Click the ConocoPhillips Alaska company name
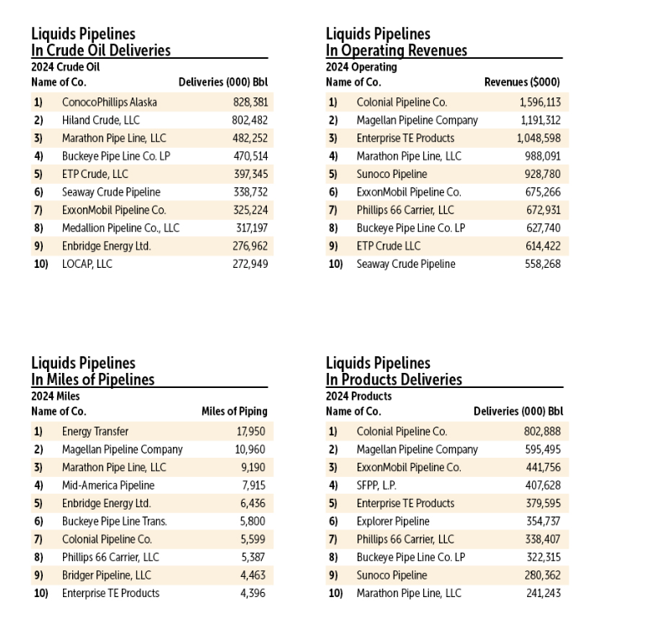(109, 102)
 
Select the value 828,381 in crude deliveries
(250, 102)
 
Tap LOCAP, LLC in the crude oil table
(87, 264)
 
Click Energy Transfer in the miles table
(95, 432)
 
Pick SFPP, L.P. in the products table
(376, 485)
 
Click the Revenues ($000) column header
(522, 82)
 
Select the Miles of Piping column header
(234, 412)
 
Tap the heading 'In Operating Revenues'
(396, 50)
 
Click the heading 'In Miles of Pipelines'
(93, 380)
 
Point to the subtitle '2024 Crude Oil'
(65, 67)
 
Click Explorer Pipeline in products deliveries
(393, 522)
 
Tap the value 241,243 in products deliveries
(544, 593)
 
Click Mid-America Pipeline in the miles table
(109, 485)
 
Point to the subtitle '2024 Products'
(358, 396)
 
